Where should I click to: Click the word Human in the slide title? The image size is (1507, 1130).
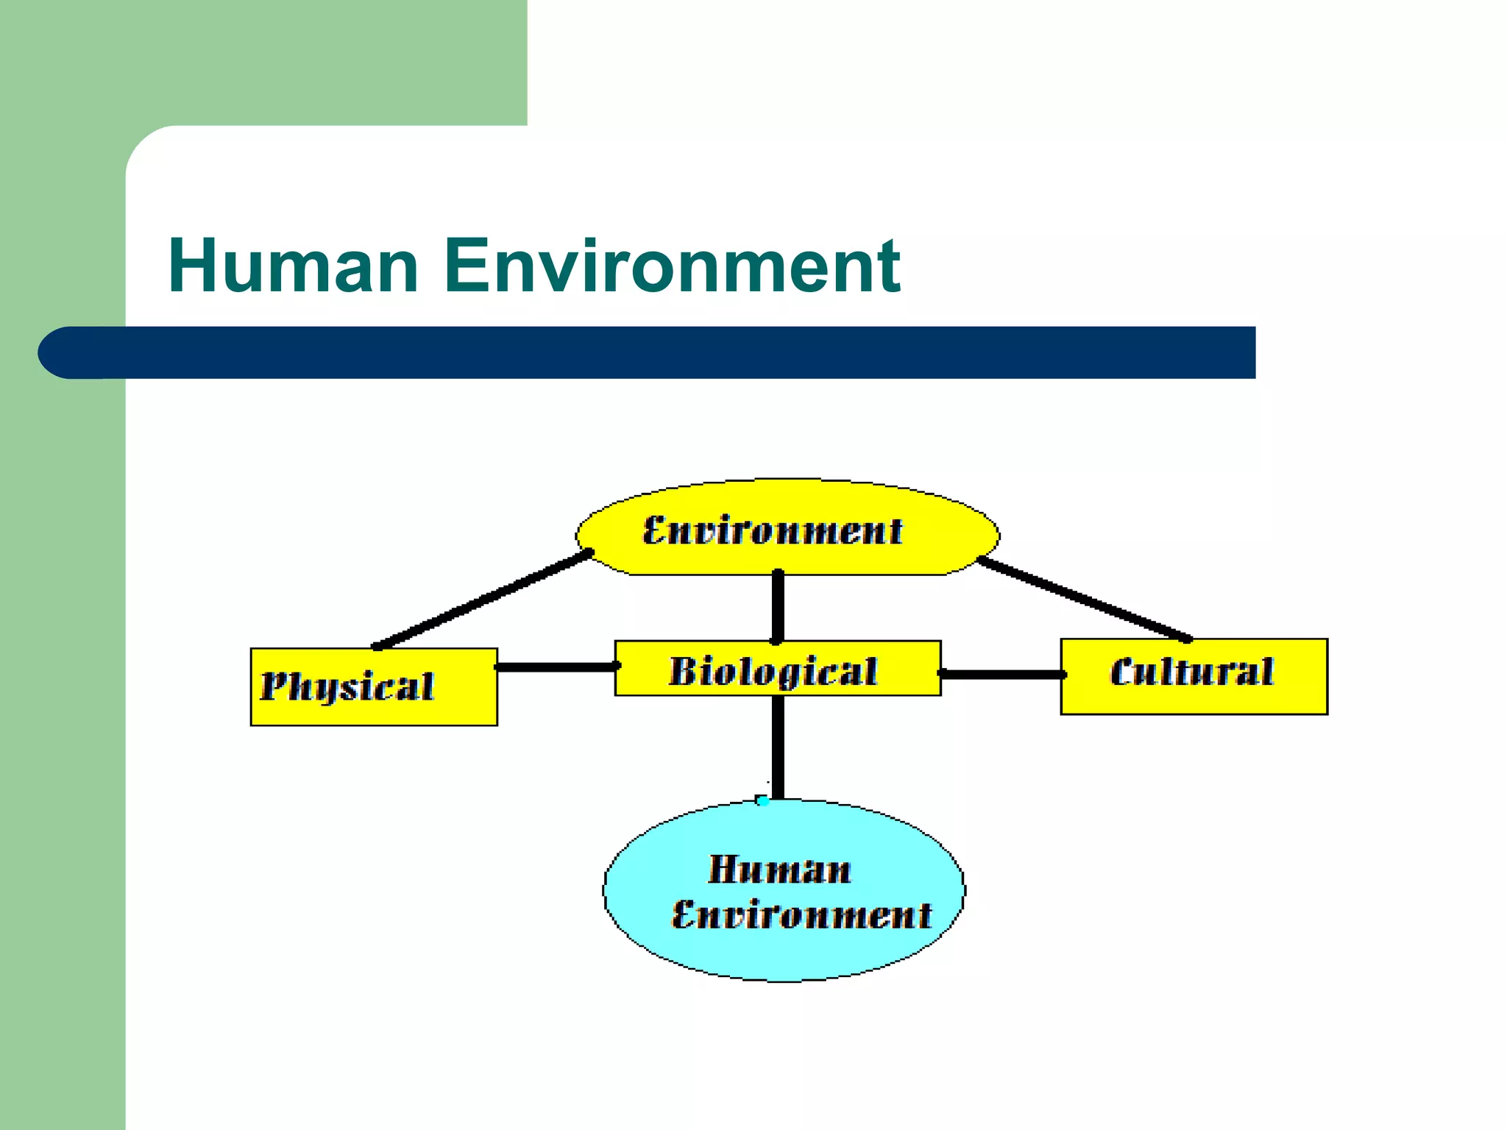[293, 266]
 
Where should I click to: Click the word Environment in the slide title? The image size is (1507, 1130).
[672, 266]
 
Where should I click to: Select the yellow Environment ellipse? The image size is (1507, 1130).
[787, 544]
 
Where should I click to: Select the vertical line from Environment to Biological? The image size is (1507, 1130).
[778, 607]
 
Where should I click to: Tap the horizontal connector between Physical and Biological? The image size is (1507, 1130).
[556, 667]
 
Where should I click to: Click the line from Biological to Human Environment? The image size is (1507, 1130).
[778, 747]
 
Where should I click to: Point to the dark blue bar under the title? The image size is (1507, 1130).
[662, 352]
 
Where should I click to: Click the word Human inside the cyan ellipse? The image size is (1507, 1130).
[779, 870]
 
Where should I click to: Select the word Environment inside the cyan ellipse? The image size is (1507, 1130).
[801, 915]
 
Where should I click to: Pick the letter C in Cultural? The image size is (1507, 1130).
[1123, 672]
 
